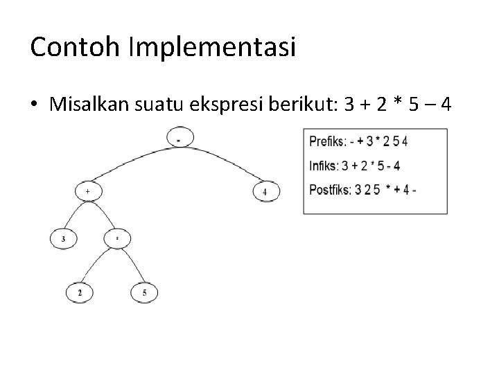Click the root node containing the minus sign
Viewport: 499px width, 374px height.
click(179, 139)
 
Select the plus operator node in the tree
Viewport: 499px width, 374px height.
click(87, 190)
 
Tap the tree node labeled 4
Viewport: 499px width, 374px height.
click(265, 190)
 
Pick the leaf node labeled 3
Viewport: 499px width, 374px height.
click(63, 240)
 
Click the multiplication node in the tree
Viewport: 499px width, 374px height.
click(117, 239)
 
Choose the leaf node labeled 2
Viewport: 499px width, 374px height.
click(80, 293)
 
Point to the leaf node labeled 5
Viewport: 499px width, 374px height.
click(143, 293)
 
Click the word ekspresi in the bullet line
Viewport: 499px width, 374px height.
click(233, 105)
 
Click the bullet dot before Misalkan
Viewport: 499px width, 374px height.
click(34, 105)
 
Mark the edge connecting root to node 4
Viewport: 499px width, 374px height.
click(231, 159)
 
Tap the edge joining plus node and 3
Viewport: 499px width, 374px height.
click(74, 216)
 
